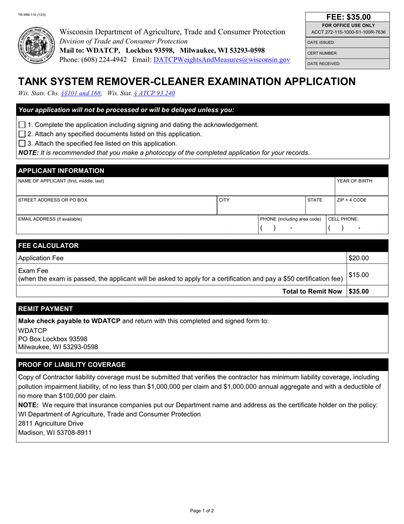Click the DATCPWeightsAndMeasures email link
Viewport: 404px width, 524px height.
click(x=222, y=60)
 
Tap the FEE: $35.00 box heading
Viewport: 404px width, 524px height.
click(x=348, y=17)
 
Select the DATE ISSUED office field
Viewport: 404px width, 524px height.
click(x=348, y=43)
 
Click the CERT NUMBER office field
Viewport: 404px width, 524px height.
click(x=348, y=53)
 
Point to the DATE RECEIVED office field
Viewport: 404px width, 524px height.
click(x=348, y=63)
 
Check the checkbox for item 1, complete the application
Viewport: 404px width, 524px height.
click(x=23, y=125)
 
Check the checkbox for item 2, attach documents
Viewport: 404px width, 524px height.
click(x=23, y=134)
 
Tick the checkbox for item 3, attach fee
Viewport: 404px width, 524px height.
click(x=23, y=144)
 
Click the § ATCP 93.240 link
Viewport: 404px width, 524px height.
click(x=154, y=93)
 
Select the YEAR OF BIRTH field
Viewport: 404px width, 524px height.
click(x=361, y=186)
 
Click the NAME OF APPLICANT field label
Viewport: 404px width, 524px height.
click(x=61, y=181)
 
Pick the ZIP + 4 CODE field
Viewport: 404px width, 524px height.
click(x=361, y=205)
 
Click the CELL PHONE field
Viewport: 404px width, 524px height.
click(x=356, y=225)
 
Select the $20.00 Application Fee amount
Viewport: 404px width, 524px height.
click(x=358, y=258)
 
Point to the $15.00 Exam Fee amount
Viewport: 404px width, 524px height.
click(x=358, y=275)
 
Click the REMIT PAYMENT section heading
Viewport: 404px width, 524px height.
click(x=45, y=309)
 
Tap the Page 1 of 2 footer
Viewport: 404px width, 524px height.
click(x=202, y=510)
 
